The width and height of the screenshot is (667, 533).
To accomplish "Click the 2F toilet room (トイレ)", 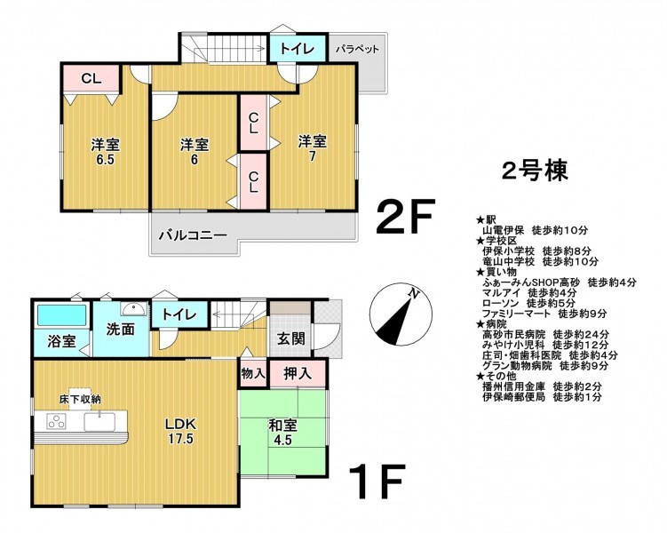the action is (x=298, y=49).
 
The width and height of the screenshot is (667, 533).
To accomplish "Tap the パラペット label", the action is (x=357, y=49).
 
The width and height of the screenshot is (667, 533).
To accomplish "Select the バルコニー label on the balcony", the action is (x=193, y=235).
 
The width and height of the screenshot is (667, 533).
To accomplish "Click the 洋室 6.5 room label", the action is (x=105, y=152).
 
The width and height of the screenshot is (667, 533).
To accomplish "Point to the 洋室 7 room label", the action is (x=313, y=148).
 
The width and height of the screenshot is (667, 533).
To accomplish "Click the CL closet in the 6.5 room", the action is (x=91, y=78).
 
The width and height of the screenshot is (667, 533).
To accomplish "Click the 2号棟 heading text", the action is (x=535, y=171).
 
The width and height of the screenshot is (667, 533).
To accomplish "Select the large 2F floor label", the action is (x=406, y=217).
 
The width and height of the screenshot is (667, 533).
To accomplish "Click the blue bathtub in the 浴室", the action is (x=61, y=315).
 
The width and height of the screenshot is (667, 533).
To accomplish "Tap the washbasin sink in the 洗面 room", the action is (x=133, y=308).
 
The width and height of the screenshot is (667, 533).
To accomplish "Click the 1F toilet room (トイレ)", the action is (x=179, y=314).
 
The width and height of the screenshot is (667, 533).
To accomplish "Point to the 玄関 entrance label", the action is (x=291, y=338).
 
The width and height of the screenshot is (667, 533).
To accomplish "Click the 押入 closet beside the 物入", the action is (x=298, y=374).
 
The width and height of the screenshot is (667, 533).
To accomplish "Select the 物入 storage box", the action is (x=253, y=374).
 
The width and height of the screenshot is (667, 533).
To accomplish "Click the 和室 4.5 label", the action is (x=282, y=433).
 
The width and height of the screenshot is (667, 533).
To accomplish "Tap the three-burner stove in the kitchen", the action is (x=56, y=422).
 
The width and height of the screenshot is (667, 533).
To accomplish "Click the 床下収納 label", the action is (x=80, y=400).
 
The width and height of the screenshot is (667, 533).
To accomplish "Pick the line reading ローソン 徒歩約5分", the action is (x=528, y=303).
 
